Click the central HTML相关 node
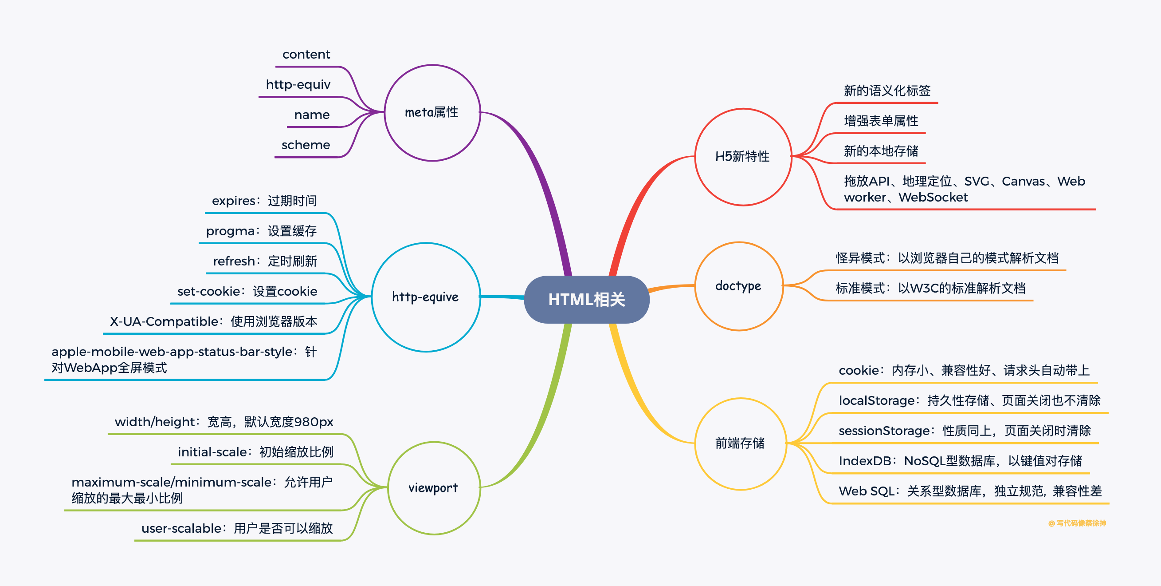pos(586,300)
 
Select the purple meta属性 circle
pos(432,112)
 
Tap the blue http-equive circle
pos(425,297)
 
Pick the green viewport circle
pos(433,487)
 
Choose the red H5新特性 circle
pos(742,157)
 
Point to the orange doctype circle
pos(738,286)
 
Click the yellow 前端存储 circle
pos(740,443)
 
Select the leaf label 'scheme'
pos(306,145)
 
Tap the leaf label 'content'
pos(306,55)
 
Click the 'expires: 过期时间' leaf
pos(264,201)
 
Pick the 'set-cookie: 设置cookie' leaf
pos(247,291)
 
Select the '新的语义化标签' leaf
pos(887,91)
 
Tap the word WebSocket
pos(933,198)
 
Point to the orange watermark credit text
pos(1077,523)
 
